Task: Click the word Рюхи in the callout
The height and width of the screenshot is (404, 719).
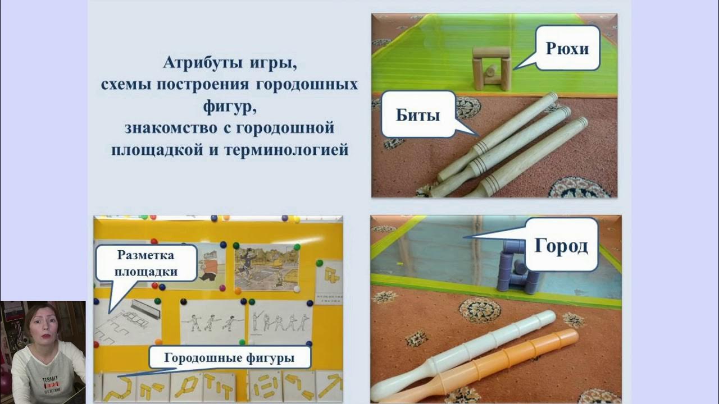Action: [567, 49]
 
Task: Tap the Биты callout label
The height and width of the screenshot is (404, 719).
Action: [418, 114]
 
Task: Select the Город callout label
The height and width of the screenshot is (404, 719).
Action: [561, 245]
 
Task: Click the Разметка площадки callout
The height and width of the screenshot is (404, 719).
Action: [146, 264]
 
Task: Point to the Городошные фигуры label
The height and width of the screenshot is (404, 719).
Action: [229, 357]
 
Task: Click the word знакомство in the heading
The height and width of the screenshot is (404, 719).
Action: [166, 128]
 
